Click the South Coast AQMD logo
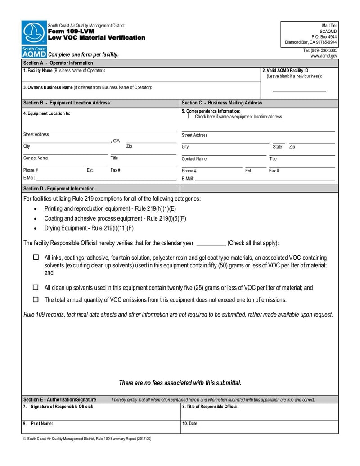[x=34, y=39]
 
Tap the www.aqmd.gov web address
[x=324, y=56]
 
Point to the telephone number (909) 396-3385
[x=320, y=50]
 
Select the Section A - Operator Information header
[x=58, y=63]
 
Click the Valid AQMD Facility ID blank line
[x=299, y=91]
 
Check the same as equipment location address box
[x=190, y=116]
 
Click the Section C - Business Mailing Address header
[x=221, y=103]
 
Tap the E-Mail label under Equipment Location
[x=29, y=178]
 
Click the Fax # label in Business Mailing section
[x=274, y=171]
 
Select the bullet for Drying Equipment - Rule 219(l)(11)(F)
[x=36, y=228]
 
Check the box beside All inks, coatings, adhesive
[x=36, y=258]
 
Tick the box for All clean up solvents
[x=36, y=287]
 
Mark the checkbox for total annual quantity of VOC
[x=36, y=299]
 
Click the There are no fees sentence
[x=180, y=383]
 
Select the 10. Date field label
[x=190, y=424]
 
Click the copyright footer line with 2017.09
[x=87, y=439]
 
